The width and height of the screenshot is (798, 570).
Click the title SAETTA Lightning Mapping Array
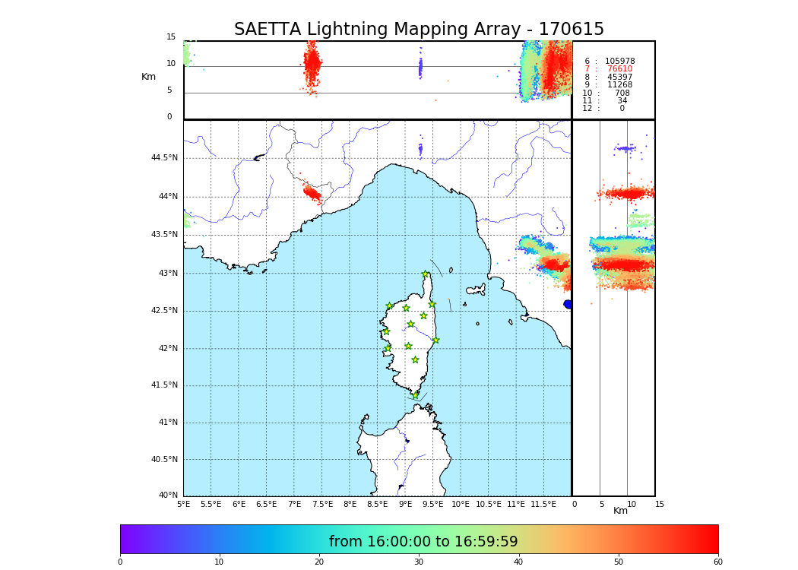point(419,30)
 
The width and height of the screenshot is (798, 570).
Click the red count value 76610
point(619,69)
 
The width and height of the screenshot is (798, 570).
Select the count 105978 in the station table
point(619,62)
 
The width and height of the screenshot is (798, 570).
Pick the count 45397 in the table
point(619,78)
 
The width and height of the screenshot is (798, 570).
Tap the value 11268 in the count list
point(619,85)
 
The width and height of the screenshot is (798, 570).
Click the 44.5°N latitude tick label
point(163,158)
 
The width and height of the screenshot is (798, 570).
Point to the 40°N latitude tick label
point(168,496)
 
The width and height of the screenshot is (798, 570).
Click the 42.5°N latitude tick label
point(163,311)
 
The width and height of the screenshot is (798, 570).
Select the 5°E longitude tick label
point(184,504)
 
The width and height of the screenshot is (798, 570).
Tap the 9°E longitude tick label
point(405,504)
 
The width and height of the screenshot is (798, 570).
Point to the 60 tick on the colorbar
point(717,562)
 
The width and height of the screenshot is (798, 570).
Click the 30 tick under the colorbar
point(419,562)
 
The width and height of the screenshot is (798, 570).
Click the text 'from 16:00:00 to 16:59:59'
point(423,542)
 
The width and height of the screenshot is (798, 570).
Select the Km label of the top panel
point(149,77)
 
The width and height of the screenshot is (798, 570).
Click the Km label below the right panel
point(621,511)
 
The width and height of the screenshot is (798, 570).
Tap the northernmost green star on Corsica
point(426,274)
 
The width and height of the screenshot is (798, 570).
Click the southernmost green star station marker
point(415,395)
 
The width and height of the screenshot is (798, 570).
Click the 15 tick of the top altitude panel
point(171,37)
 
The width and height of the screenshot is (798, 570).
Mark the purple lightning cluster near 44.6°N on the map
point(420,149)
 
